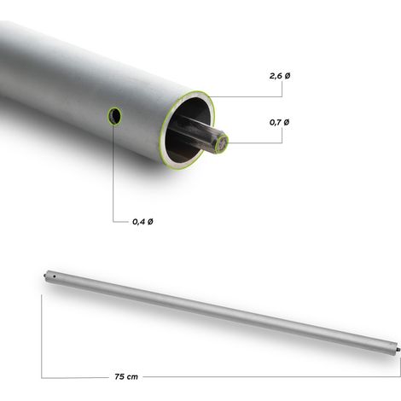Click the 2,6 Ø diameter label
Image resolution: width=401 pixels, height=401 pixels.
pyautogui.click(x=280, y=76)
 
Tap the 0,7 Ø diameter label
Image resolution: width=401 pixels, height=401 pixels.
pyautogui.click(x=280, y=123)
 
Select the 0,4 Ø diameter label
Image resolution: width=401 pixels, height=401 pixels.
pyautogui.click(x=142, y=222)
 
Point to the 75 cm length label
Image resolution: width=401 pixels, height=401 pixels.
pyautogui.click(x=126, y=377)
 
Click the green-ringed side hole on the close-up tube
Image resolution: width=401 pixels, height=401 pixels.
pyautogui.click(x=114, y=116)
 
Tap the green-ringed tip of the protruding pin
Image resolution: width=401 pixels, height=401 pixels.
pyautogui.click(x=222, y=144)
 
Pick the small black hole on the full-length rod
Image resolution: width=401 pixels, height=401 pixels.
pyautogui.click(x=54, y=276)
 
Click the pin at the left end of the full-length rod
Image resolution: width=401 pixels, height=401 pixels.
pyautogui.click(x=45, y=276)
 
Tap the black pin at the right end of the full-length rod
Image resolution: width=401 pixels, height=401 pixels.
pyautogui.click(x=398, y=349)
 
